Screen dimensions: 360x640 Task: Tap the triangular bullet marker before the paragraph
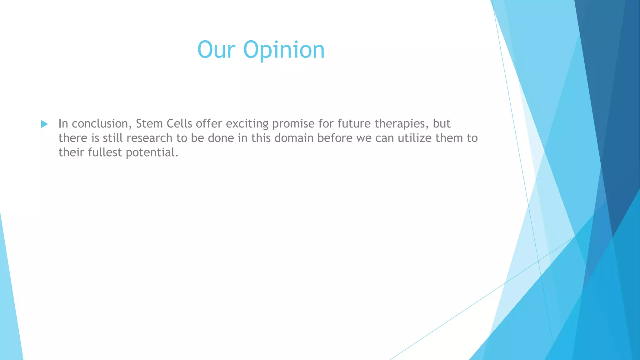tap(44, 124)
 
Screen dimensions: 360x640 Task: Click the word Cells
tap(179, 124)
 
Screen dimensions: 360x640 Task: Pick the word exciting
tap(247, 124)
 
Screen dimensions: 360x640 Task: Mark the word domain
tap(294, 138)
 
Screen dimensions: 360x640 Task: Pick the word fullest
tap(105, 152)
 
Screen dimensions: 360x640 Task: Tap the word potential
tap(152, 153)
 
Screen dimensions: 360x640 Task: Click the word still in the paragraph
tap(112, 138)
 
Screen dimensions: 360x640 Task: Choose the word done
tap(221, 138)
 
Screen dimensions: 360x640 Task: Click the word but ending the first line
tap(441, 124)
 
